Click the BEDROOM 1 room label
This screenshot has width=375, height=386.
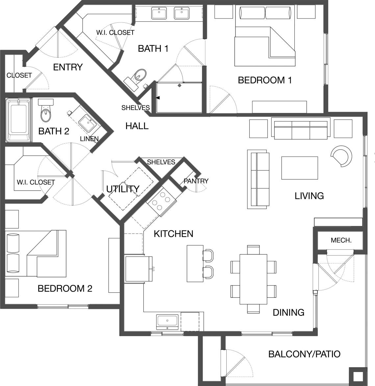coord(265,80)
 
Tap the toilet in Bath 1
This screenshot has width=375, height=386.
coord(140,75)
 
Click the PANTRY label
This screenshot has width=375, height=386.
coord(196,181)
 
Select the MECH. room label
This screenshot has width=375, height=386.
coord(341,240)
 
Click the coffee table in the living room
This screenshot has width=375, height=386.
coord(299,168)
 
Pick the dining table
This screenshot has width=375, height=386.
coord(253,279)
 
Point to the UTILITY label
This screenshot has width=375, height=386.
coord(123,189)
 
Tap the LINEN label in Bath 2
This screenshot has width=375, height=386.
coord(89,139)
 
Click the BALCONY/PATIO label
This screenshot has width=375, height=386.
coord(304,354)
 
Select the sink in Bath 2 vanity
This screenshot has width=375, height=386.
coord(88,122)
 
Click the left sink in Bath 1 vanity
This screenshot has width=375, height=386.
coord(159,14)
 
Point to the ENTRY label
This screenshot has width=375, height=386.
coord(68,67)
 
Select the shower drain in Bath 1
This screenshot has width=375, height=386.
coord(179,86)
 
